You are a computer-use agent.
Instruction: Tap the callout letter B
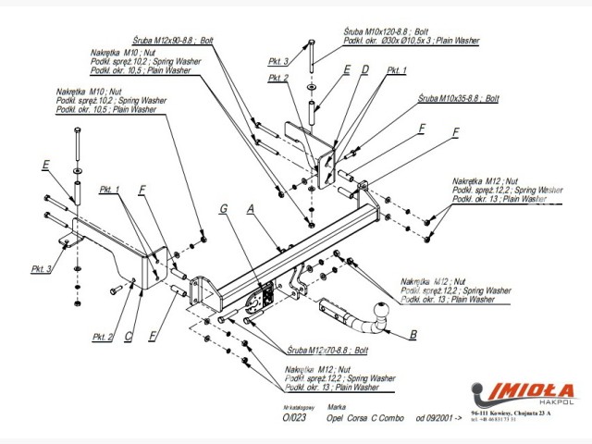coord(413,335)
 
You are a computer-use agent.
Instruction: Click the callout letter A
coord(252,211)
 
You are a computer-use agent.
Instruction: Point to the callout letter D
coord(364,69)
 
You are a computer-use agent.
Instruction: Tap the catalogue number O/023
coord(294,418)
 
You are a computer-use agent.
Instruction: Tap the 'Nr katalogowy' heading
coord(298,407)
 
